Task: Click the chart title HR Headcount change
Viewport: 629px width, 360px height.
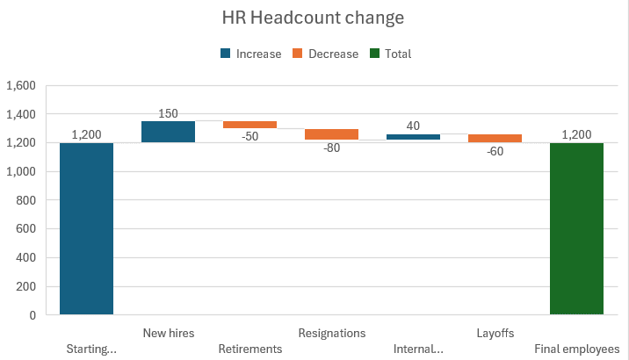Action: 314,18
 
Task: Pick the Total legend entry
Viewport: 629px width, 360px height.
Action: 390,54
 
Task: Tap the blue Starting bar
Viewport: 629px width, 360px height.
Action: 86,228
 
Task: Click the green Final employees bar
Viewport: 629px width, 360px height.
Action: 576,228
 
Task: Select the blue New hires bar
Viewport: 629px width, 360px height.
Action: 168,132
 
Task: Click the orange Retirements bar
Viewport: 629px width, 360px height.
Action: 249,125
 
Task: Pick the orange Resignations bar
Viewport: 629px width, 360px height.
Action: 331,134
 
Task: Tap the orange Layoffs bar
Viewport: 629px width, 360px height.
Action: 495,138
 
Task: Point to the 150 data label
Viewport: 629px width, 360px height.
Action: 168,113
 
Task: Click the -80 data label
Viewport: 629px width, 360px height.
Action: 331,148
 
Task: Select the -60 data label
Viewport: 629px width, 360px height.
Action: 495,150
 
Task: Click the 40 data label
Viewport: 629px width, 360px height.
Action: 413,126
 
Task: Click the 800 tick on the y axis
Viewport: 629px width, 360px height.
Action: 25,200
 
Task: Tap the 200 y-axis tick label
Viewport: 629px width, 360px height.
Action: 25,286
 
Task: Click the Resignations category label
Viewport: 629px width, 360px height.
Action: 331,333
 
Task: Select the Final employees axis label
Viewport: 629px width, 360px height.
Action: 576,349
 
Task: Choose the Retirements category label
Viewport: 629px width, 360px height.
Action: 249,349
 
